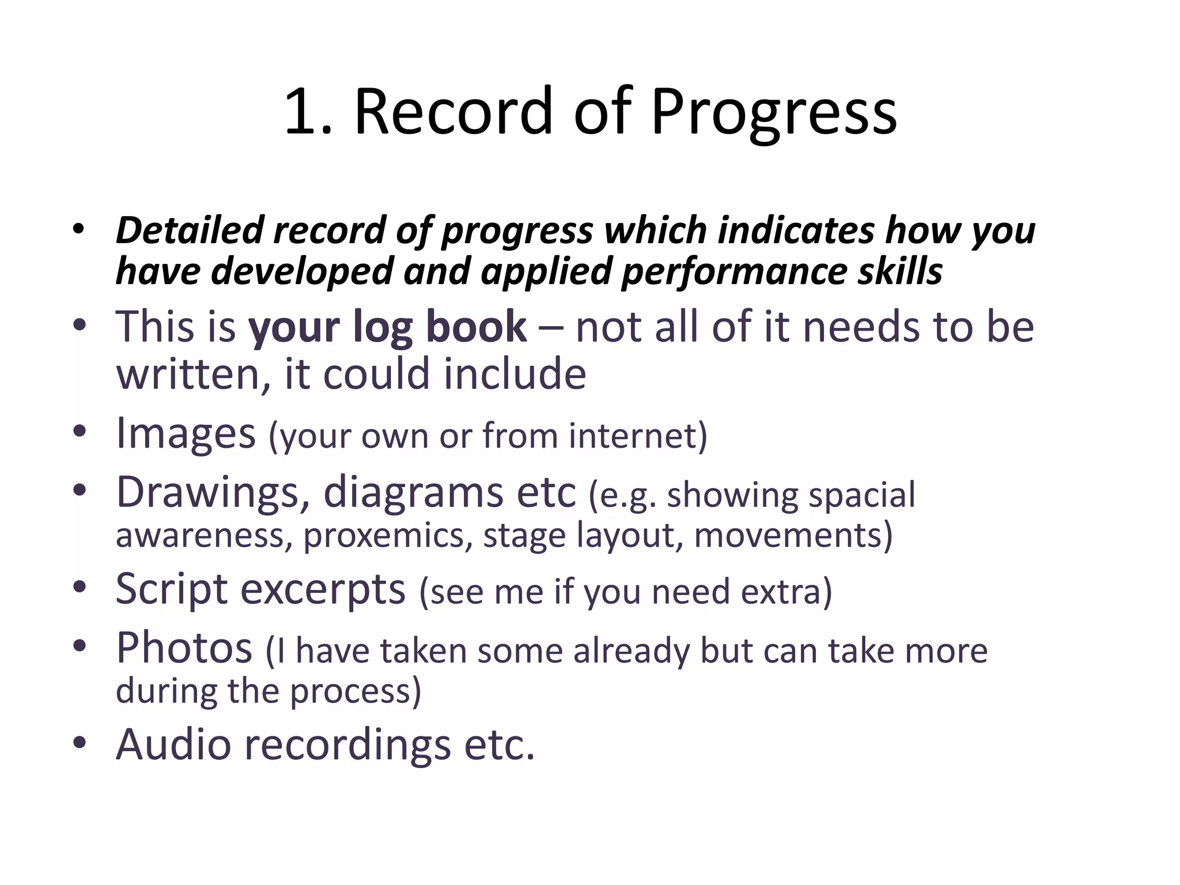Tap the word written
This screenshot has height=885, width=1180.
(x=193, y=374)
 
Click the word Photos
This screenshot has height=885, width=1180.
(x=184, y=648)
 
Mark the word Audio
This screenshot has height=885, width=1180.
(x=173, y=744)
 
